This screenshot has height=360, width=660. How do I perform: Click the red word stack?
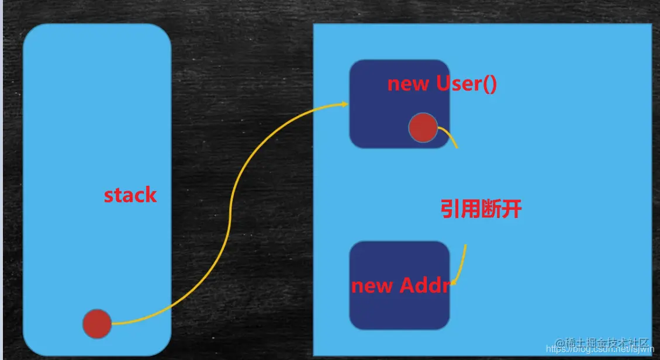pos(130,195)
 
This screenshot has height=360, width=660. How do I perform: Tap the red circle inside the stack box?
pos(97,324)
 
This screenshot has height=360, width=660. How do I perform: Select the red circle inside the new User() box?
pos(423,128)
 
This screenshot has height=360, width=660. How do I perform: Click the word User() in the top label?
pos(467,84)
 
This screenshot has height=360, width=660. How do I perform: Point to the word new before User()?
pos(408,84)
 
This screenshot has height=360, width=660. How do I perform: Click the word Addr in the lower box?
pos(425,286)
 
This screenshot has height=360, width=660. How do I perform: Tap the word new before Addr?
pos(372,286)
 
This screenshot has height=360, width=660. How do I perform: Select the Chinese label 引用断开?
pos(481,209)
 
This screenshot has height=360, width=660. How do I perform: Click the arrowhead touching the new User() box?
pos(344,105)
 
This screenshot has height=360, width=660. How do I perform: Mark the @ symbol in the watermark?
pos(559,342)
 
